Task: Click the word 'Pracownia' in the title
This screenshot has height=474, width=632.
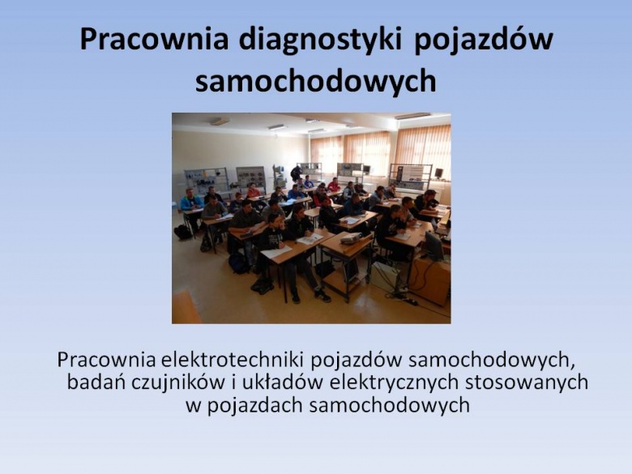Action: point(154,40)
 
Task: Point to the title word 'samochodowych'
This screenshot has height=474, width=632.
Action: point(316,80)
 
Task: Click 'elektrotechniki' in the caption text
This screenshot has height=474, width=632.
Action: point(232,360)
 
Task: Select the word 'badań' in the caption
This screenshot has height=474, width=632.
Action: point(96,382)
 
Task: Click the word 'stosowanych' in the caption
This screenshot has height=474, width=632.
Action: point(527,382)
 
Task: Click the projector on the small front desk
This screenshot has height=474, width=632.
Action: point(350,238)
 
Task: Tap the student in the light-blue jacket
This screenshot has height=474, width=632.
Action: point(190,202)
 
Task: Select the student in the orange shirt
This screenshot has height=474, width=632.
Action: point(253,191)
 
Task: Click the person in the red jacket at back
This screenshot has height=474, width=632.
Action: point(334,185)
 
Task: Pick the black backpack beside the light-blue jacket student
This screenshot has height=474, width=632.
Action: point(182,233)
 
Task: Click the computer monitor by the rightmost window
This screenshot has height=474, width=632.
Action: point(438,173)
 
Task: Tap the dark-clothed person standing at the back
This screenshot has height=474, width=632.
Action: point(296,173)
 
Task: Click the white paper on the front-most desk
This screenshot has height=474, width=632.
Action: point(276,252)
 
